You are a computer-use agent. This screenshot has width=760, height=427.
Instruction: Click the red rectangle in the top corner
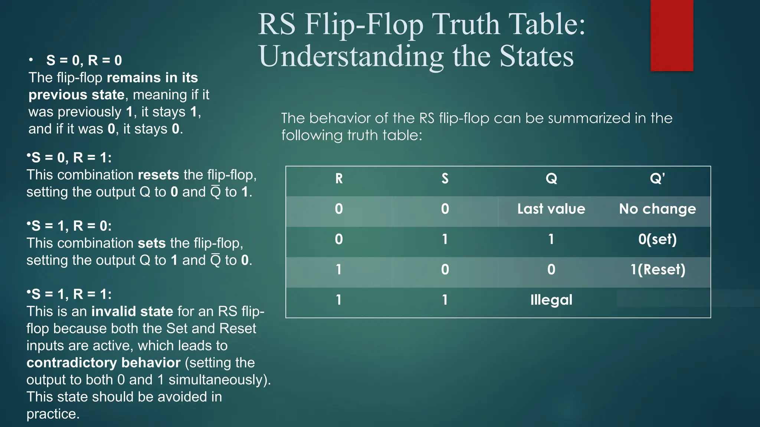[672, 35]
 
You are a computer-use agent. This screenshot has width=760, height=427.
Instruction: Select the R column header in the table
[339, 179]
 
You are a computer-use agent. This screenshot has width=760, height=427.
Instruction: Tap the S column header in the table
[445, 179]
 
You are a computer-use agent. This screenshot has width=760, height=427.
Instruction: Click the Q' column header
[657, 179]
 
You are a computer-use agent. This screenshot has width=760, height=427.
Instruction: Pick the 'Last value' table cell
[551, 209]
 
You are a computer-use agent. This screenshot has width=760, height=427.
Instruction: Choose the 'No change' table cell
[657, 209]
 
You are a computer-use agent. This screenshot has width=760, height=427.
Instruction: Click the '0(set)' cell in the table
[657, 239]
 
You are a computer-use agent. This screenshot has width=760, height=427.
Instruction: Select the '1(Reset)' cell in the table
[657, 269]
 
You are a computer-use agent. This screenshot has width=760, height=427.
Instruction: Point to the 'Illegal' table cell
[551, 300]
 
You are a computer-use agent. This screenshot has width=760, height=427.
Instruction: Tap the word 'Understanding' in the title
[351, 57]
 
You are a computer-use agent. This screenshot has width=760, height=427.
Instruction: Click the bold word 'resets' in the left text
[158, 175]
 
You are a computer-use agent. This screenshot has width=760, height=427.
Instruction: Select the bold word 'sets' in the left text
[151, 243]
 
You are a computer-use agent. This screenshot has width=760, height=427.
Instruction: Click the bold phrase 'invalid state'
[132, 311]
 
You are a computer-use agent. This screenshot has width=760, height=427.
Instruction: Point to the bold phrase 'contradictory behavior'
[104, 363]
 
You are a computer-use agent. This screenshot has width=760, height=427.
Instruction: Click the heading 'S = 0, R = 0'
[84, 60]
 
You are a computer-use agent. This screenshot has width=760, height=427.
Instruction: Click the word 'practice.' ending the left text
[53, 414]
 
